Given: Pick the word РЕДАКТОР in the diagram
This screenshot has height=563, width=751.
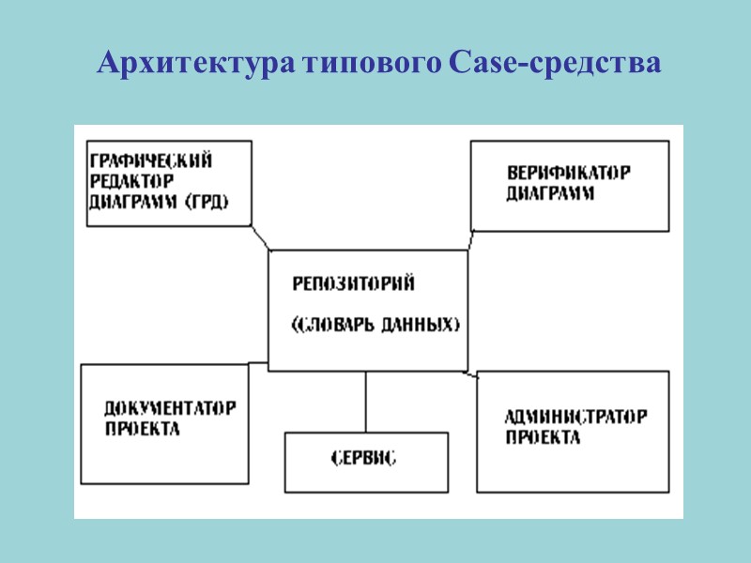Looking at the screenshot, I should [130, 180].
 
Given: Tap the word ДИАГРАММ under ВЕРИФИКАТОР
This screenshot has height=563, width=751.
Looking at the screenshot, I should [551, 194].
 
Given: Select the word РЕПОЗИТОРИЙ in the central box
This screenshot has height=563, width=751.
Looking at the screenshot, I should [353, 282].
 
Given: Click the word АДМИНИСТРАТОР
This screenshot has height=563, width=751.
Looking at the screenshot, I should [575, 417].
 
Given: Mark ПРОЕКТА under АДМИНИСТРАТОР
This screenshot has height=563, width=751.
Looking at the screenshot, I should [543, 437].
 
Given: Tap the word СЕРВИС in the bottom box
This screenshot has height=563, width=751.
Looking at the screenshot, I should [363, 459].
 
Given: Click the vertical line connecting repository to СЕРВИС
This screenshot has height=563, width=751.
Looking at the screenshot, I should [365, 401].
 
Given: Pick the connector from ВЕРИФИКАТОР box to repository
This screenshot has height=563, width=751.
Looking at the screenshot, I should [471, 241].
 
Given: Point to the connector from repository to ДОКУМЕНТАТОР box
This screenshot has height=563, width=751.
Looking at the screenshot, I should [258, 362].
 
